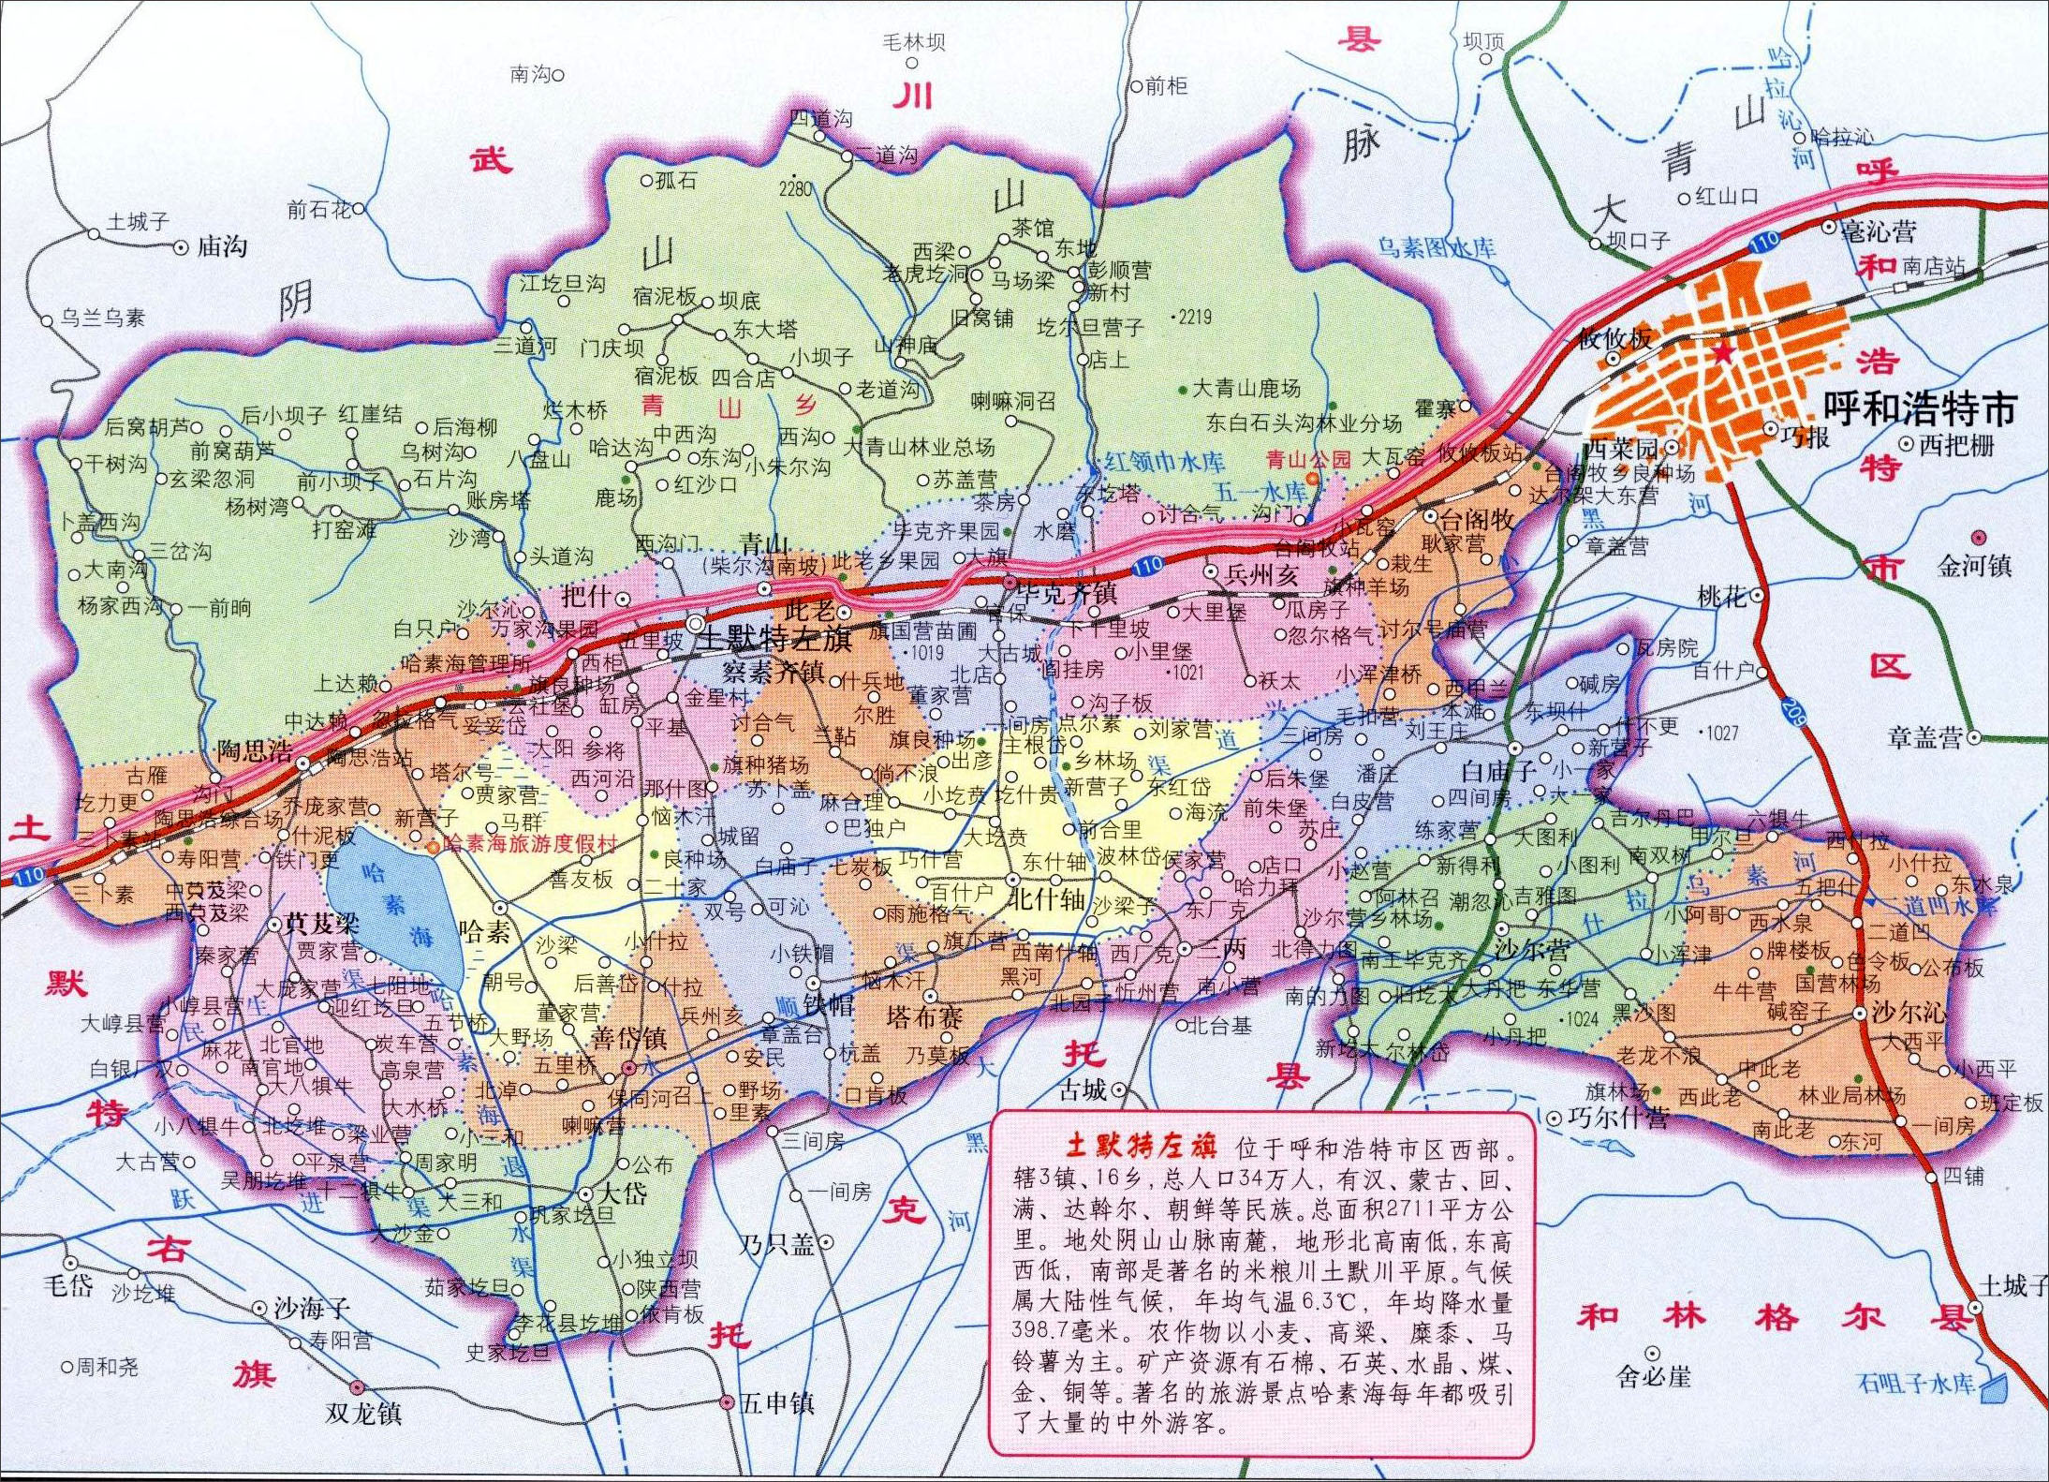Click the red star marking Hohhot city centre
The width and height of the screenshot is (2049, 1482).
(1723, 352)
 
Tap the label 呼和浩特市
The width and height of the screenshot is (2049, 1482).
(1919, 408)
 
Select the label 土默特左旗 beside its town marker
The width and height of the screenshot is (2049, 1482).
(774, 639)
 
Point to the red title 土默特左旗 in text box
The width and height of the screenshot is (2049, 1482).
(1141, 1148)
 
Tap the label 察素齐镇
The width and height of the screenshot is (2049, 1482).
(773, 671)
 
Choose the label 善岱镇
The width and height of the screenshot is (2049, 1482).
(629, 1038)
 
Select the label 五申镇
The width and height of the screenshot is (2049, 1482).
(776, 1403)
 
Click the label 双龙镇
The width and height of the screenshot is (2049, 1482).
(363, 1413)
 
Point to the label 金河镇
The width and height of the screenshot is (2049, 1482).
(1974, 565)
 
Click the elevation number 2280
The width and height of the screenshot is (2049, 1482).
(795, 189)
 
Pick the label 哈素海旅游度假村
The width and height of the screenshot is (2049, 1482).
(530, 843)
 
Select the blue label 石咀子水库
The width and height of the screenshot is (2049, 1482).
(1916, 1383)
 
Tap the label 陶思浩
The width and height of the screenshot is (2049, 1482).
(254, 750)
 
